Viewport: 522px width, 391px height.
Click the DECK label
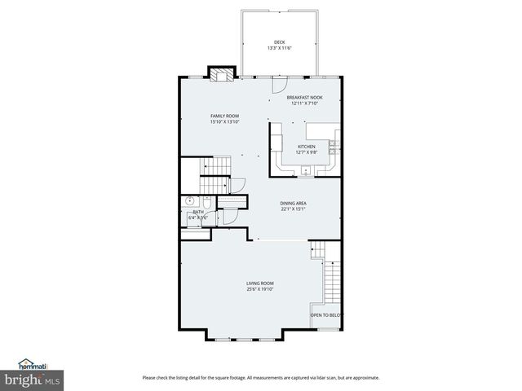[279, 42]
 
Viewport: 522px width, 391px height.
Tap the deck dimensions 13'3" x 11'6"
[279, 48]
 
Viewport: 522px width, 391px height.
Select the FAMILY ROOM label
[224, 116]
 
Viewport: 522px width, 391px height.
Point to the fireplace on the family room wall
[219, 74]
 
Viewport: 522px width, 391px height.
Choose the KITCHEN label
[306, 147]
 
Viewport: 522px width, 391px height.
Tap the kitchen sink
[305, 171]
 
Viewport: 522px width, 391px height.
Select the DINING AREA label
[294, 203]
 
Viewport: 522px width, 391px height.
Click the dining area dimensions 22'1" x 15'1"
[294, 209]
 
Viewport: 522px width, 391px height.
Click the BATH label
[198, 212]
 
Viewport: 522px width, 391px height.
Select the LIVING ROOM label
[260, 283]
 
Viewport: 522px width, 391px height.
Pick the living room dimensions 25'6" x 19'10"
[260, 288]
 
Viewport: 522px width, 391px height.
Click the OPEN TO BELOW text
[326, 314]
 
